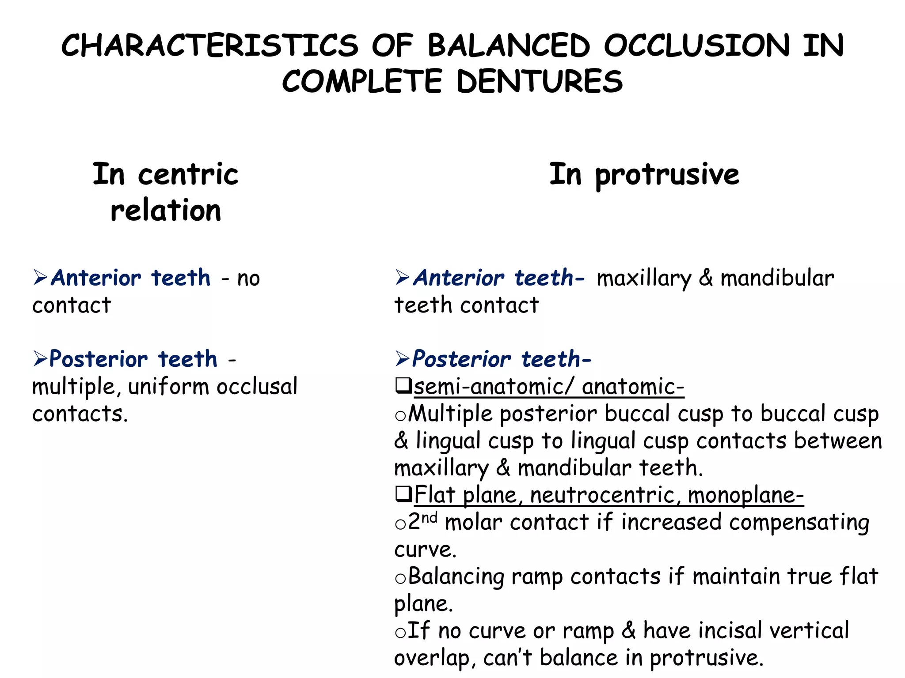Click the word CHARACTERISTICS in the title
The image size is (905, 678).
[209, 45]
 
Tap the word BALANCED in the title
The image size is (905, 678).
[509, 45]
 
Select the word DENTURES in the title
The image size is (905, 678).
[540, 82]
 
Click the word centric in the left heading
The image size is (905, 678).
[188, 174]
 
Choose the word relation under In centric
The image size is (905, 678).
[166, 211]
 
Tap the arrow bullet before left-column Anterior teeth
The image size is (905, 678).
[40, 278]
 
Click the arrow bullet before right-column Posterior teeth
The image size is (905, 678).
[403, 358]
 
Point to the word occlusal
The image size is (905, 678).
[257, 387]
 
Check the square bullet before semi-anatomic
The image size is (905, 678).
[403, 386]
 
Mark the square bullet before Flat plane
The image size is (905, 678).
[403, 494]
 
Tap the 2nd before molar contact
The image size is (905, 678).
[422, 521]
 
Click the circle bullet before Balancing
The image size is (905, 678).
[400, 578]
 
